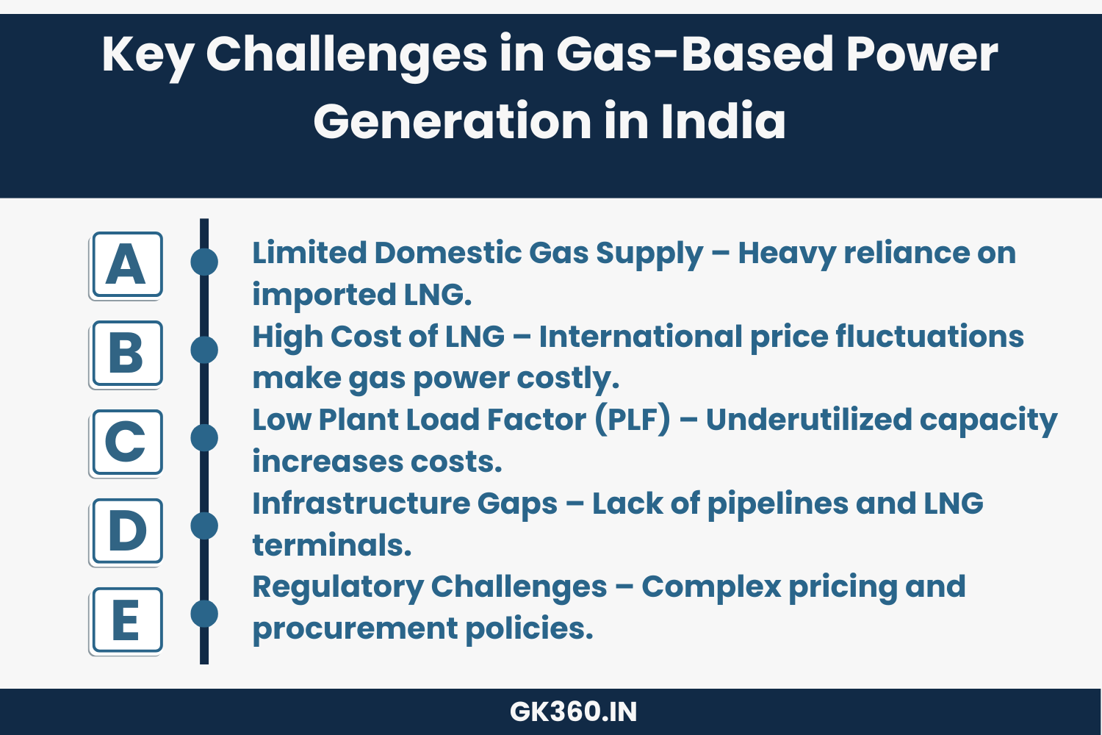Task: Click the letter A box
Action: pyautogui.click(x=126, y=265)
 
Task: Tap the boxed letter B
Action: pyautogui.click(x=126, y=354)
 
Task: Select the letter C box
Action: pyautogui.click(x=126, y=442)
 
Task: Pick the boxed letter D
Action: pyautogui.click(x=126, y=531)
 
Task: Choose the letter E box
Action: pyautogui.click(x=126, y=620)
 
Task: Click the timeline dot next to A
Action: pyautogui.click(x=204, y=262)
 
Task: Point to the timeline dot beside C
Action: pyautogui.click(x=204, y=437)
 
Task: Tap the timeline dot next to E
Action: pyautogui.click(x=204, y=614)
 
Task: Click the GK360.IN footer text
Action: pyautogui.click(x=573, y=711)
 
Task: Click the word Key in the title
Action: pyautogui.click(x=148, y=55)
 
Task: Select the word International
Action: pyautogui.click(x=640, y=337)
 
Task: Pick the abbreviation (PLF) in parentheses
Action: pyautogui.click(x=633, y=420)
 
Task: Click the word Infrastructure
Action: pyautogui.click(x=359, y=503)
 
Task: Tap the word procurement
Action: pyautogui.click(x=354, y=629)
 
